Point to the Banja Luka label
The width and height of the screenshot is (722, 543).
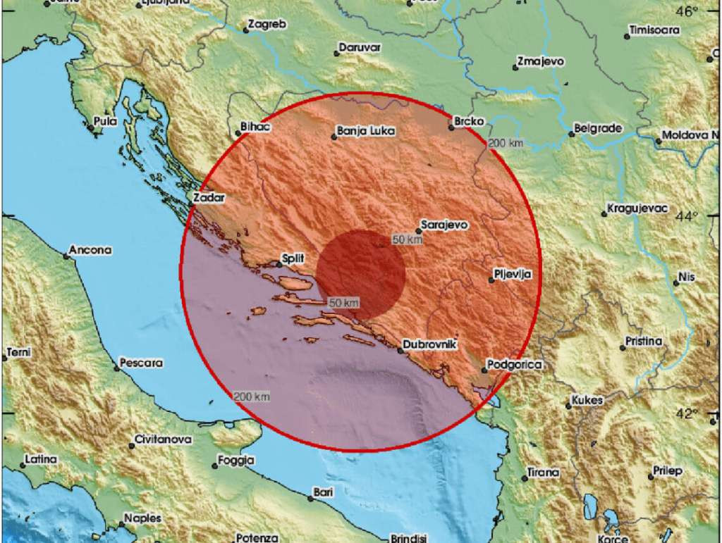click(366, 131)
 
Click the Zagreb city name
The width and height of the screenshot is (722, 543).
click(268, 25)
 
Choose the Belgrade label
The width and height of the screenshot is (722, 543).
click(598, 128)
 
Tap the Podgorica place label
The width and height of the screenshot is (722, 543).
click(516, 364)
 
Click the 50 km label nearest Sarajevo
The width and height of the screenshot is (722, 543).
click(407, 239)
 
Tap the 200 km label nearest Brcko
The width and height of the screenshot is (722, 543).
click(506, 144)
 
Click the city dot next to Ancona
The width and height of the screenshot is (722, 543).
click(66, 256)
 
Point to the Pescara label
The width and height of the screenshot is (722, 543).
click(142, 363)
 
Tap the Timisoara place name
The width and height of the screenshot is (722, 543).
click(655, 30)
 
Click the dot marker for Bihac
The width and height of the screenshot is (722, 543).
click(238, 132)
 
